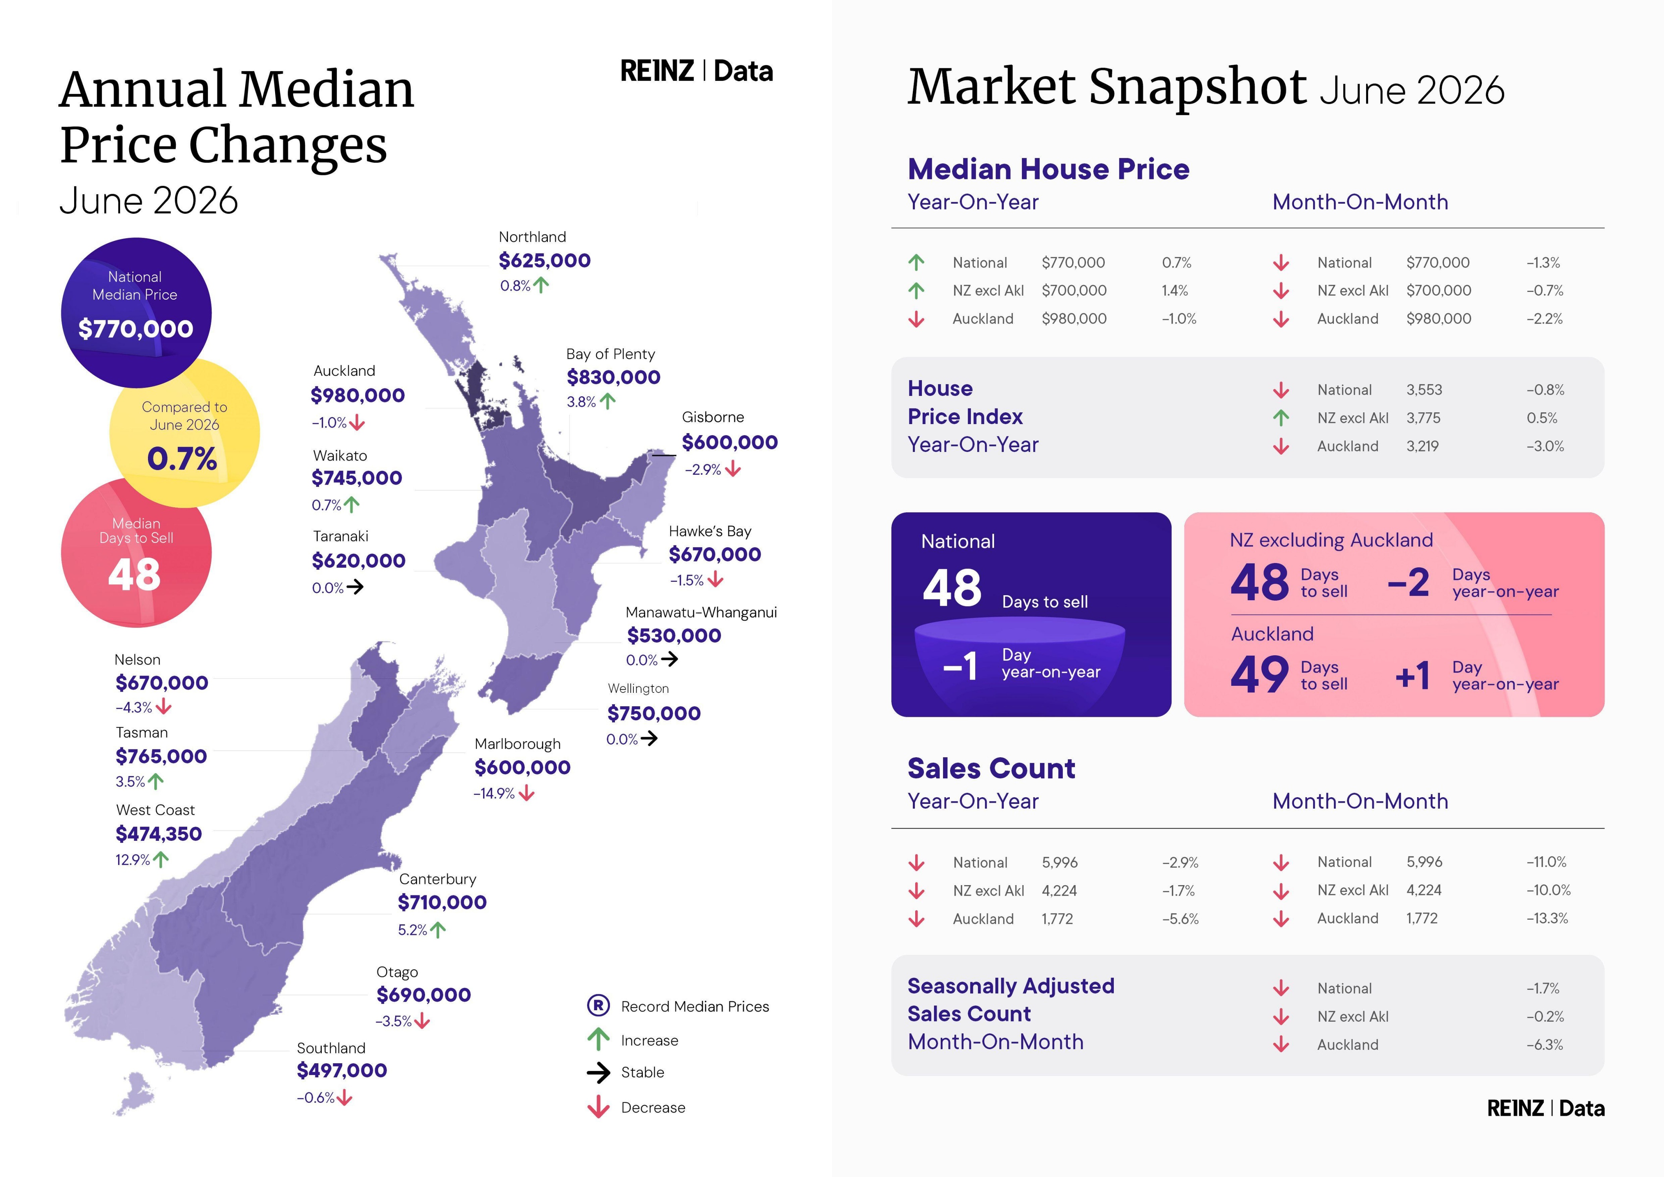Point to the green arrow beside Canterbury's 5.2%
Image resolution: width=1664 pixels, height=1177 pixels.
point(438,930)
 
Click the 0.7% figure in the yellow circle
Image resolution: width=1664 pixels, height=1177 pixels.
point(182,459)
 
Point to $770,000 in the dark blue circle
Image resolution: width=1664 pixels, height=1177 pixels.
point(135,329)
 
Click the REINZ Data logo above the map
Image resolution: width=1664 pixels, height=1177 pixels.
point(696,71)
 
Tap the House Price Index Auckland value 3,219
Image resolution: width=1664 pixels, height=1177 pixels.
point(1423,446)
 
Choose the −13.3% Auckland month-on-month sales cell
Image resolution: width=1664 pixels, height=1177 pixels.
point(1547,918)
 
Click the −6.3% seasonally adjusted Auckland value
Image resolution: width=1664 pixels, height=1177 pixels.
point(1545,1044)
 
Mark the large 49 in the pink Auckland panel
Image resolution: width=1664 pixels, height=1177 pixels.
point(1259,675)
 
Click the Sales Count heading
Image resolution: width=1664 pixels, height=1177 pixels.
point(991,768)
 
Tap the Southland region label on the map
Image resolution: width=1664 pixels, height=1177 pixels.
point(331,1048)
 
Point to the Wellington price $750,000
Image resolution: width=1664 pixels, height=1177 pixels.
point(654,713)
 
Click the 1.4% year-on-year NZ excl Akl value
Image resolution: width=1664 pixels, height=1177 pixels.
point(1175,291)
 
